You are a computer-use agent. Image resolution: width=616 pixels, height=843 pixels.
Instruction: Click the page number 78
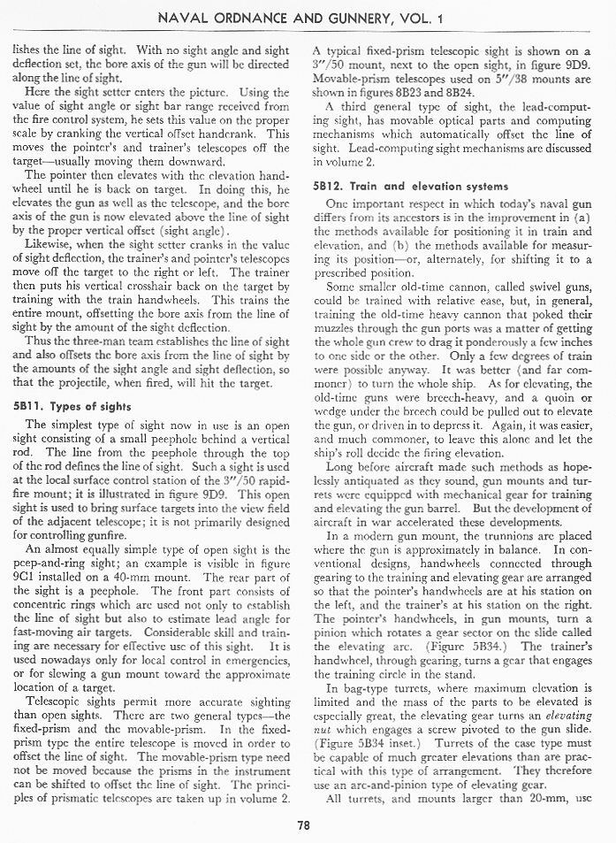(304, 826)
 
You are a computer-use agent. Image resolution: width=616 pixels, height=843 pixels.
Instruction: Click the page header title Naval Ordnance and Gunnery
(307, 17)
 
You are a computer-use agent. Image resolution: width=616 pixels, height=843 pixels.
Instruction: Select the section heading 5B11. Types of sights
(73, 406)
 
